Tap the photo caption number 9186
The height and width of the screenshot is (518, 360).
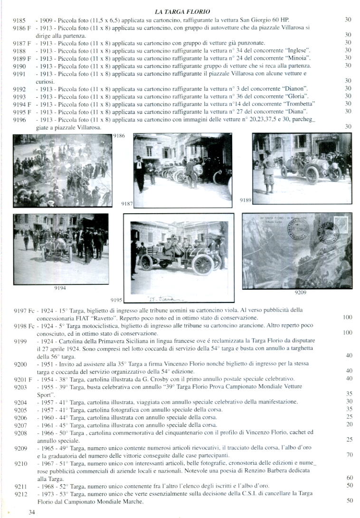click(120, 136)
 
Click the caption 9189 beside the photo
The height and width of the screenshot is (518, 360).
click(245, 200)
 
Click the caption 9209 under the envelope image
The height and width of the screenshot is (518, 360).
click(301, 292)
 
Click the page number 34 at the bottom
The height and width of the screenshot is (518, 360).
click(32, 512)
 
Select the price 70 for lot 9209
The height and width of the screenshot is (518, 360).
click(349, 454)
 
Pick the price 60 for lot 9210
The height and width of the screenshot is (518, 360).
click(349, 477)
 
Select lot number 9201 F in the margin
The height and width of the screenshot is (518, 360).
click(22, 378)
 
